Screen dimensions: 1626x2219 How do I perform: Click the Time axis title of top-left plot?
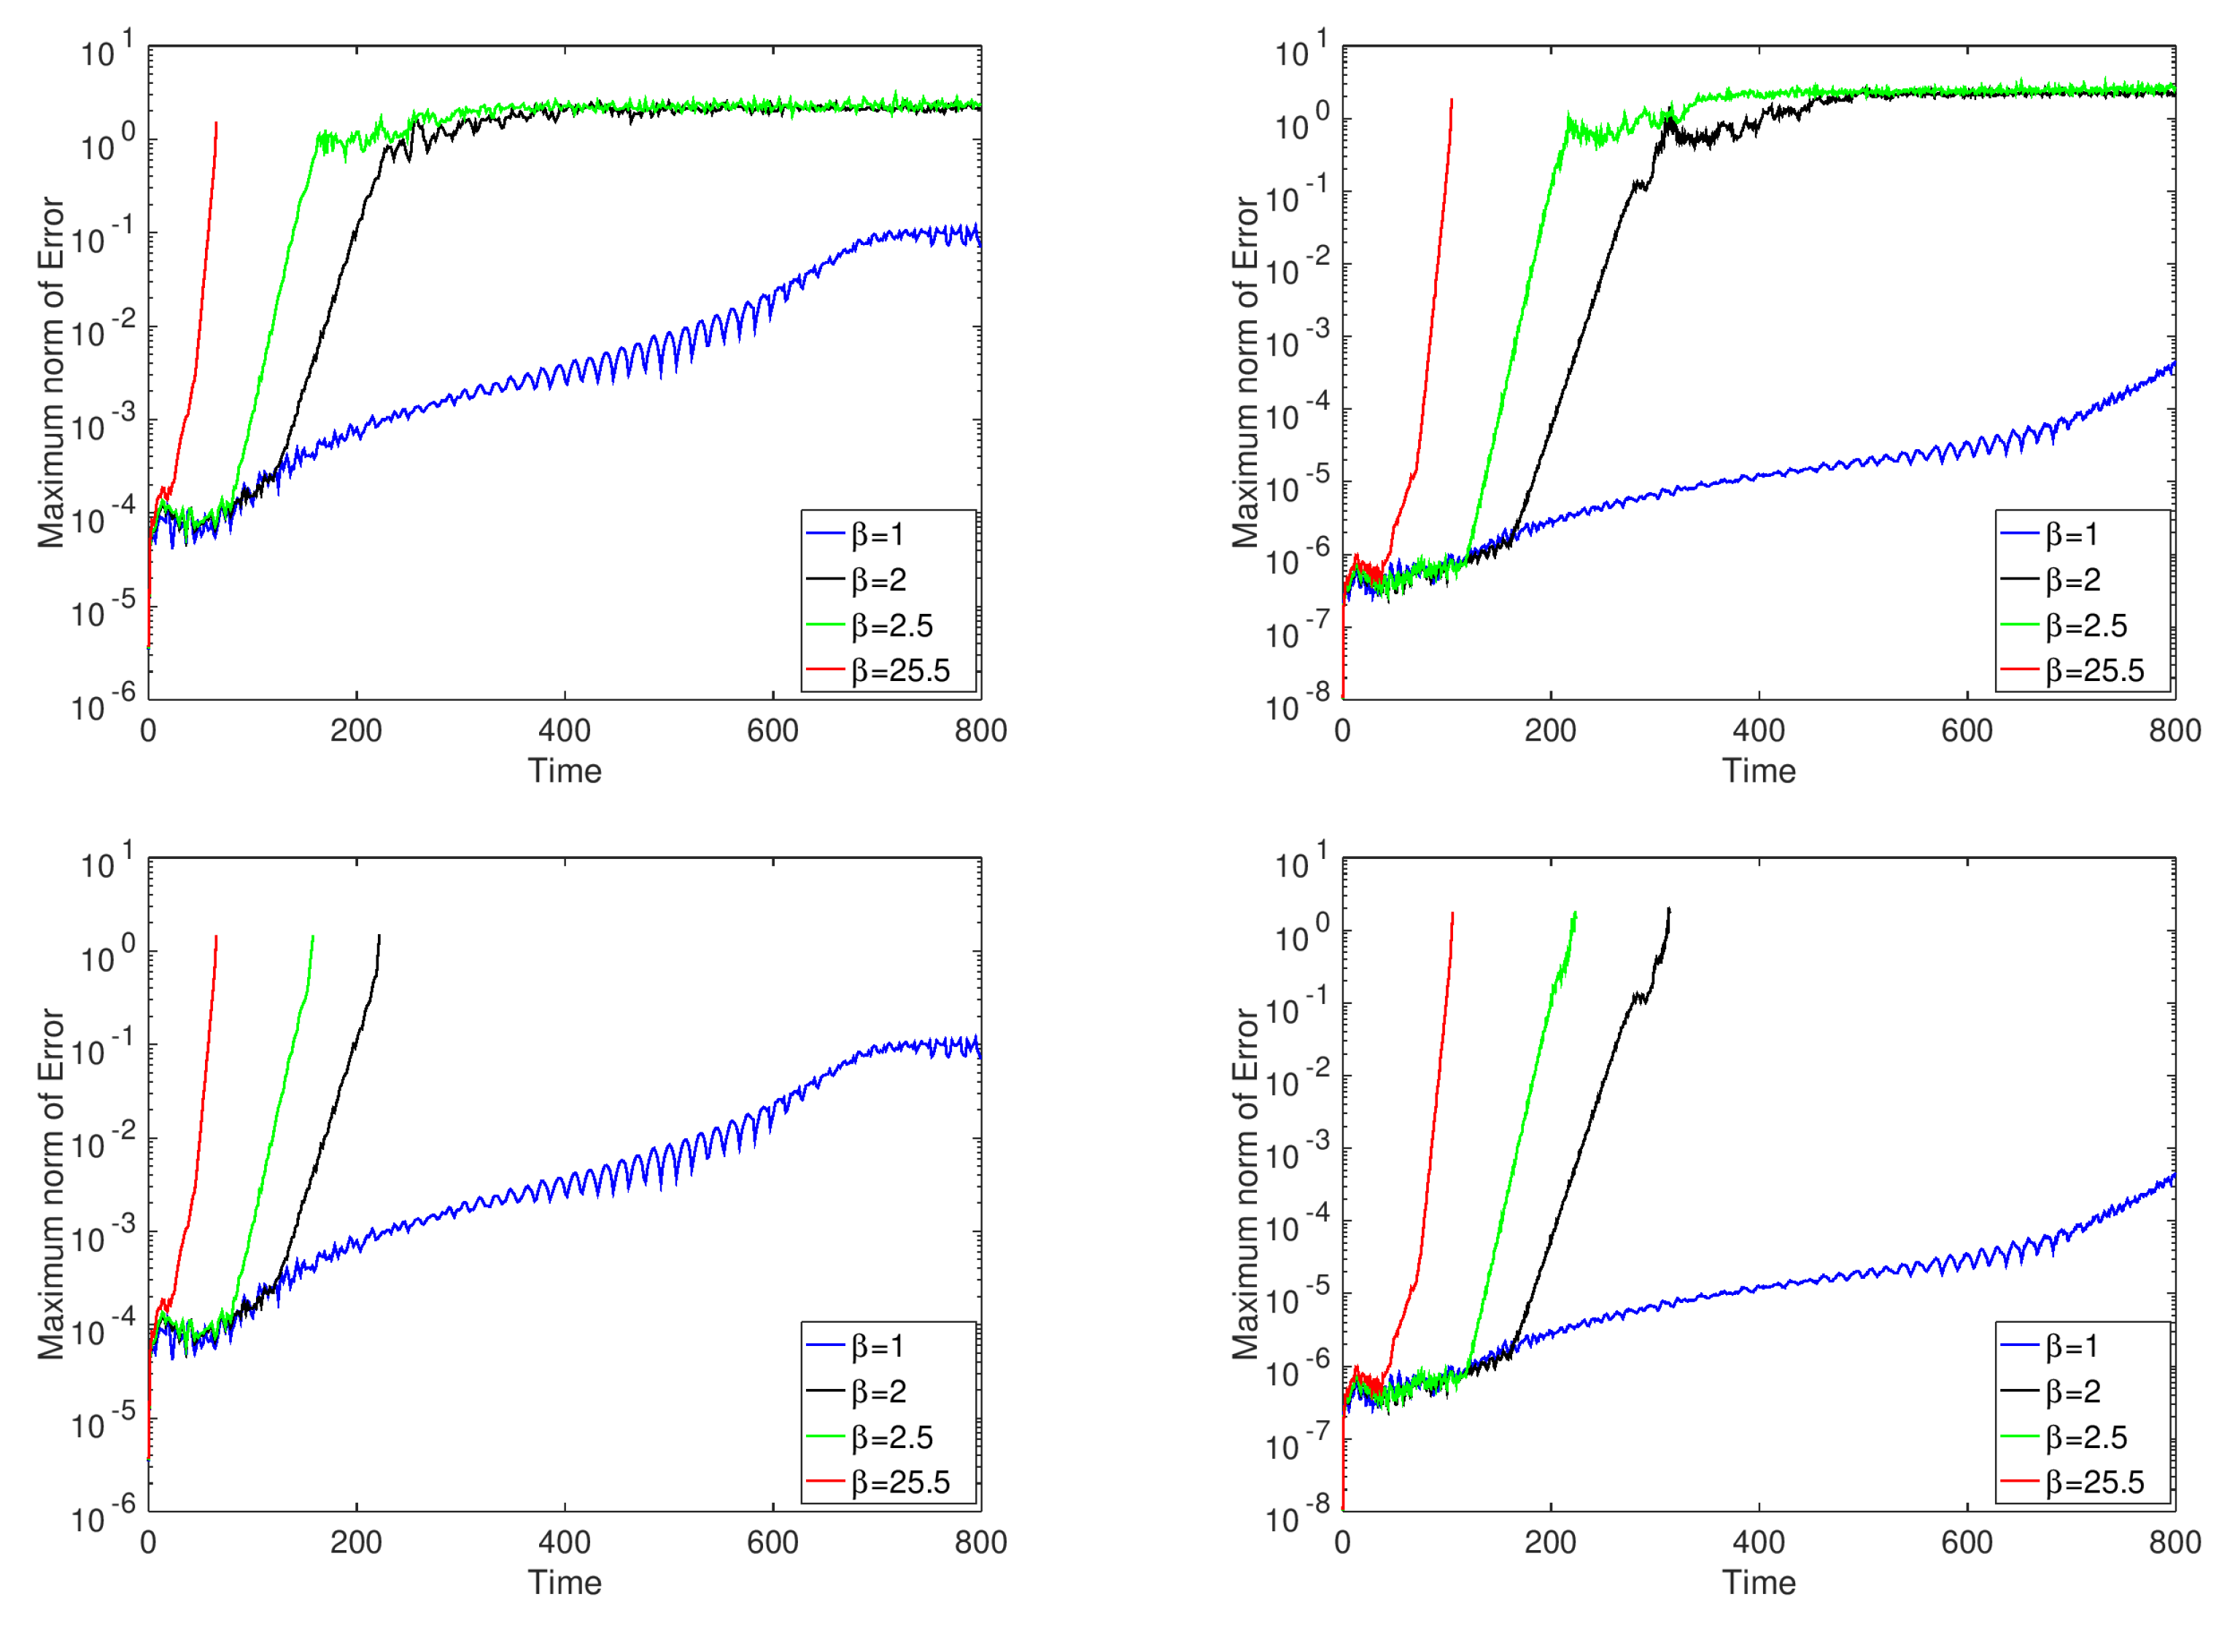(564, 771)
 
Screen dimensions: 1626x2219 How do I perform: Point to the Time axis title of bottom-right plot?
(1758, 1583)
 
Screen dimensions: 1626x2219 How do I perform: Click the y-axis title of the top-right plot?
(1245, 372)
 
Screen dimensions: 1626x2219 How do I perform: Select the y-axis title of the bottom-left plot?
(51, 1184)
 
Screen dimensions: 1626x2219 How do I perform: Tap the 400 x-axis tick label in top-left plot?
(564, 731)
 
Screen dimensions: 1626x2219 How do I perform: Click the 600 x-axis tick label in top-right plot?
(1967, 731)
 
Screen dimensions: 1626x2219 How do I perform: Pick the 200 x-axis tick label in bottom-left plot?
(357, 1542)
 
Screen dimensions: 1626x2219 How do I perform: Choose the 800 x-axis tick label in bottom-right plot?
(2175, 1542)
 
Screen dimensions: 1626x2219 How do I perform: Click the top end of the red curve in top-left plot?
(216, 124)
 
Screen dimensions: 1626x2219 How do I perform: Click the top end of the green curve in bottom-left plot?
(313, 936)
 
